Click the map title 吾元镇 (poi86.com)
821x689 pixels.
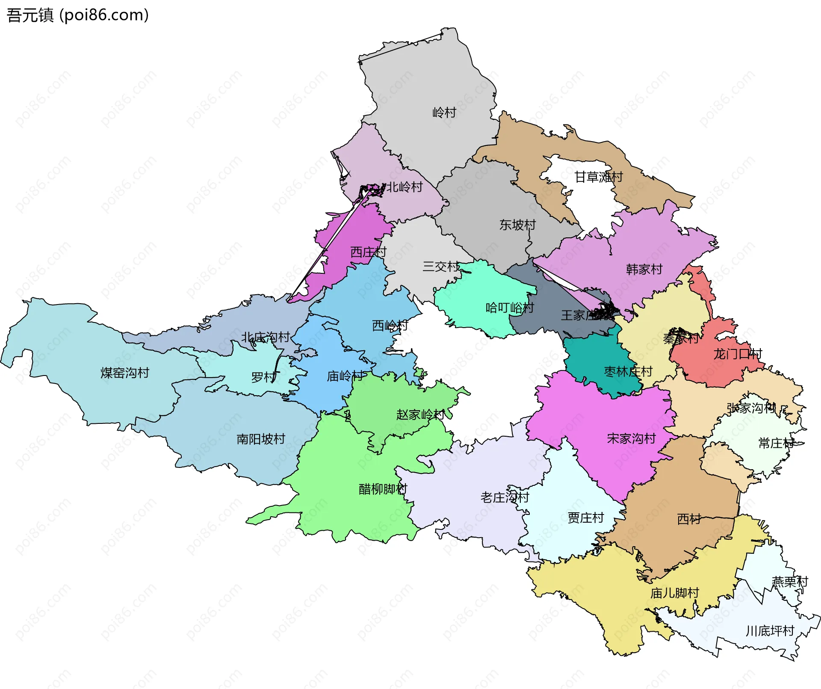[x=77, y=15]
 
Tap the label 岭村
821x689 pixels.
[x=444, y=113]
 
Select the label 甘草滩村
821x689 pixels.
[x=598, y=177]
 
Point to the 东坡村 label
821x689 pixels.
[x=517, y=225]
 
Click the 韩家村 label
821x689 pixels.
[x=644, y=269]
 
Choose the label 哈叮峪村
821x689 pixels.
[x=510, y=308]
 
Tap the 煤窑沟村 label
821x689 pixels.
[x=124, y=373]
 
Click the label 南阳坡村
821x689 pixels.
[x=261, y=439]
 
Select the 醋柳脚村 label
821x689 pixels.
[x=383, y=489]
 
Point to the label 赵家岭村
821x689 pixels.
[x=420, y=415]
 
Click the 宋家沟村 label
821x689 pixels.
[x=631, y=439]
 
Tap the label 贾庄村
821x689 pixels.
[x=585, y=518]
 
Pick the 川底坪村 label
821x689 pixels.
[x=770, y=631]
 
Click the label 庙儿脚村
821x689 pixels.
[x=674, y=593]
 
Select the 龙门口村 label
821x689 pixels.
[x=738, y=354]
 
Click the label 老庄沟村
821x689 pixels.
[x=505, y=497]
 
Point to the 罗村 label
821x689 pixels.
[x=263, y=377]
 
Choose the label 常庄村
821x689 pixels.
[x=776, y=443]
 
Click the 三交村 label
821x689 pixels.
[x=441, y=267]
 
